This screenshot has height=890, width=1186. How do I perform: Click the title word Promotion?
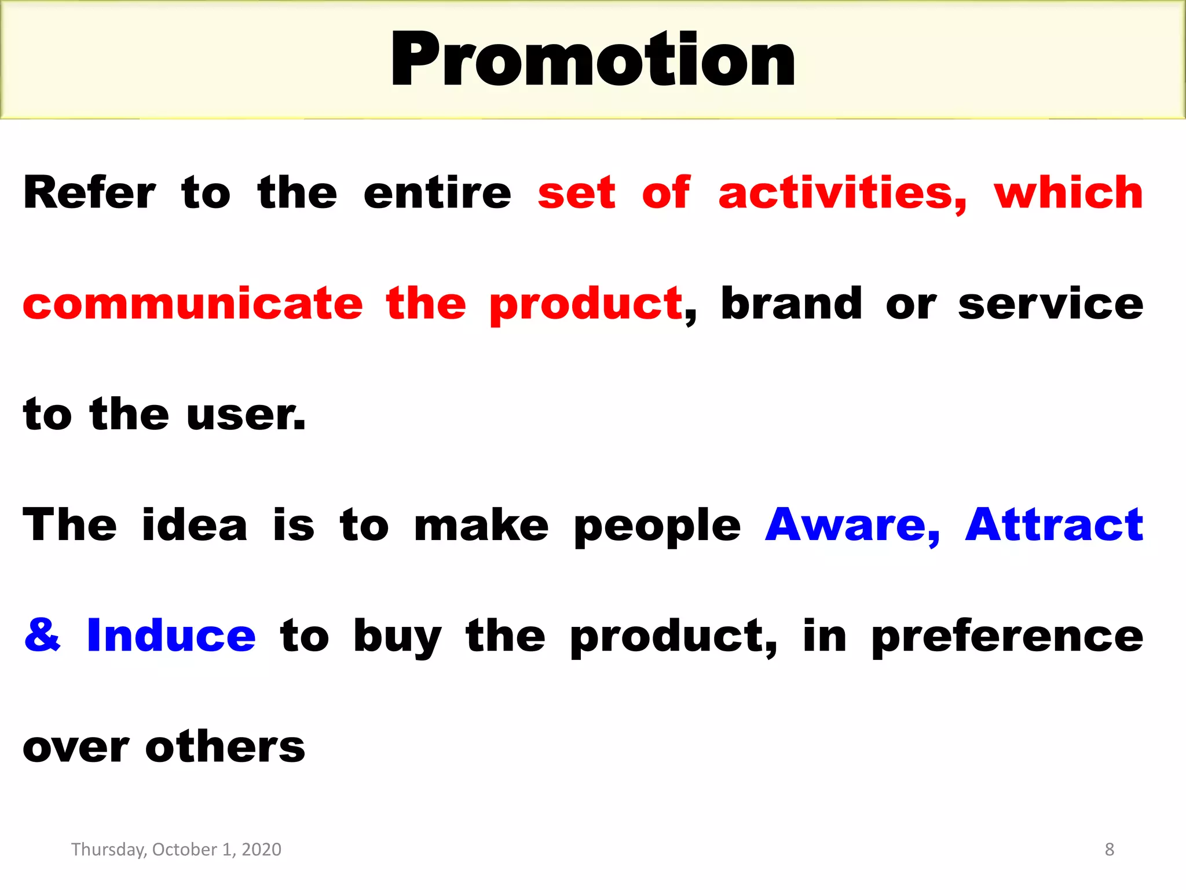(593, 60)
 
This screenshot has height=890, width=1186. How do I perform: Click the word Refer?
(89, 192)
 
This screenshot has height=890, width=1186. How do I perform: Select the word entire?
(437, 192)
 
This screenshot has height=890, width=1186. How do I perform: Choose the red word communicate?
(193, 304)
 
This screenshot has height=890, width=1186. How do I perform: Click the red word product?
(585, 305)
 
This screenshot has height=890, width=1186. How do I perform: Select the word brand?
(791, 304)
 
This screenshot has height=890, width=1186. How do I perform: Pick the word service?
(1050, 305)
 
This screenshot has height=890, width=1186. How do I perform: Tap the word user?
(246, 415)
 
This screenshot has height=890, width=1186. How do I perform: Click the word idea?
(195, 525)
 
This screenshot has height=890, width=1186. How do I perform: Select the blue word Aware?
(852, 525)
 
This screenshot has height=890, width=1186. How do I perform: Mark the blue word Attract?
(1054, 525)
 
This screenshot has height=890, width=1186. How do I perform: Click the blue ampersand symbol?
(42, 635)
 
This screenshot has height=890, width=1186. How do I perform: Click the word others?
(225, 746)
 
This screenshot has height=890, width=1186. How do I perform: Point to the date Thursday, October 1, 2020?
(176, 849)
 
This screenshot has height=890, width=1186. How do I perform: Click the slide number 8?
(1109, 849)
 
